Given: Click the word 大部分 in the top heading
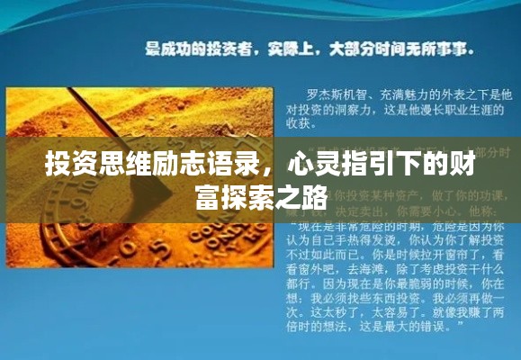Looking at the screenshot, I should pos(352,47).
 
